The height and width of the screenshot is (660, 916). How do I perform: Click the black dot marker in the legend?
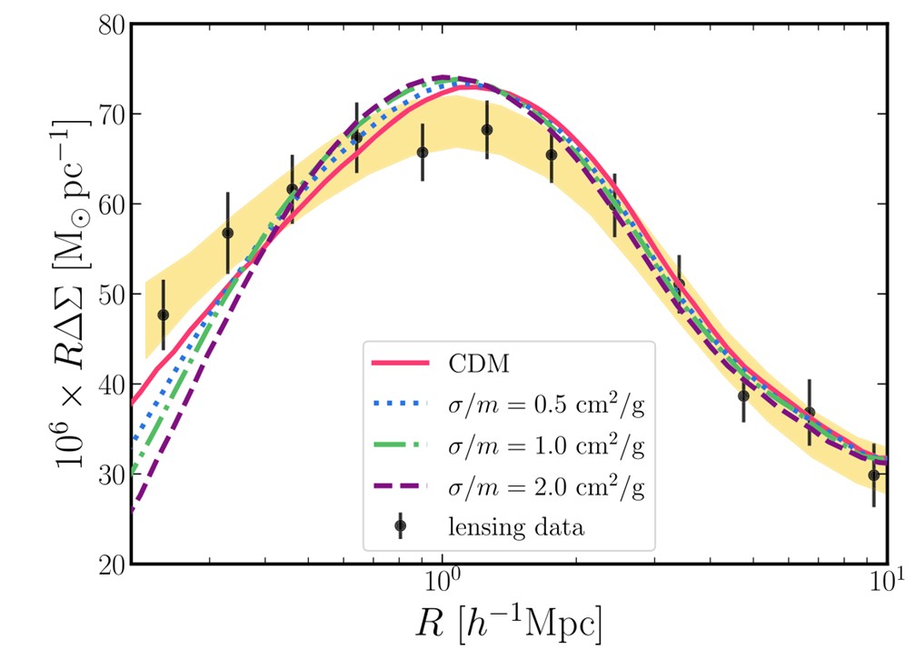400,525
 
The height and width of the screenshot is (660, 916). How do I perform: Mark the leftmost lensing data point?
164,315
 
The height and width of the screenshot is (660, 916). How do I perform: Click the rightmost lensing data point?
873,475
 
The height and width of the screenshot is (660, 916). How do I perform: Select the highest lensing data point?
487,130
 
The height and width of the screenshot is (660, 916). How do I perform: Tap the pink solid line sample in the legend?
400,365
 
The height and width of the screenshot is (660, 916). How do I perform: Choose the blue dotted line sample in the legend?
400,405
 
